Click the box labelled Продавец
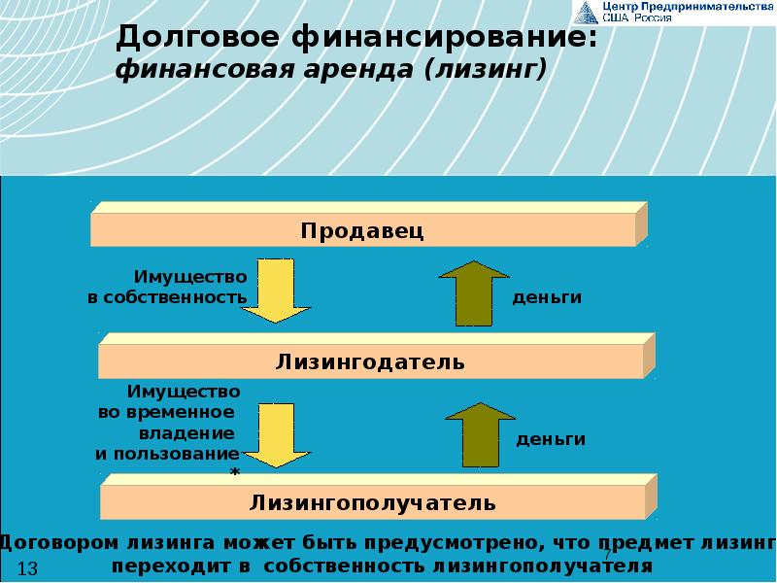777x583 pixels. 362,230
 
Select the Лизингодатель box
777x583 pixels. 370,362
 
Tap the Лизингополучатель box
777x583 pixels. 373,502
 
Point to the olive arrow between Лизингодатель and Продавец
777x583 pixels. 474,293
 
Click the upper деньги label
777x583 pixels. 547,297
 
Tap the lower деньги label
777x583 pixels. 551,439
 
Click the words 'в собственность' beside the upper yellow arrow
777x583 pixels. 161,297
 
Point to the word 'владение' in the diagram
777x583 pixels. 199,432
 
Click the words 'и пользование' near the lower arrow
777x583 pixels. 166,454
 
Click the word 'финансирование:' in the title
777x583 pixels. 444,40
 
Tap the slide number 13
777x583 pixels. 27,568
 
